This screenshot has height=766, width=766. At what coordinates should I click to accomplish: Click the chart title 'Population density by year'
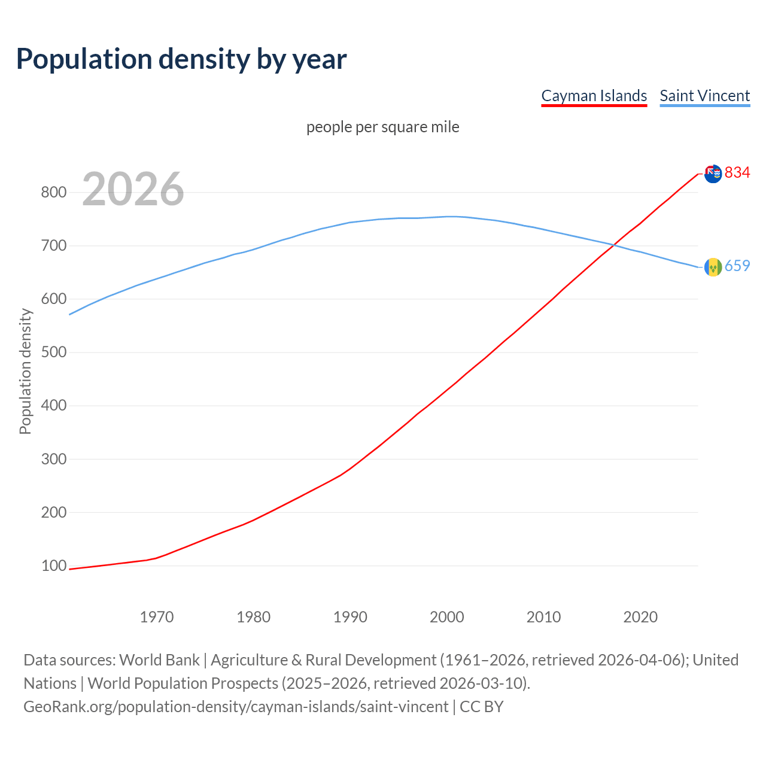(x=181, y=59)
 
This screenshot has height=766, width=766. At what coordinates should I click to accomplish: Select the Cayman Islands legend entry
(x=594, y=96)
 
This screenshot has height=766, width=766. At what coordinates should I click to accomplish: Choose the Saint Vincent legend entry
(x=704, y=96)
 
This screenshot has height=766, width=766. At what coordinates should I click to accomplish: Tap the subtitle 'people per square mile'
(x=382, y=127)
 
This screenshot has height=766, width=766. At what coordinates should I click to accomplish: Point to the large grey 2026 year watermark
(x=133, y=189)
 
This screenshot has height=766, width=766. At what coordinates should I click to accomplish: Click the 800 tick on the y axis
(x=53, y=192)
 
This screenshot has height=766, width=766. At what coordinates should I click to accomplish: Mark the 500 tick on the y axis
(x=53, y=352)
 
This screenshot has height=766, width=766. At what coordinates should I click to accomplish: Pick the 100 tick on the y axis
(x=53, y=566)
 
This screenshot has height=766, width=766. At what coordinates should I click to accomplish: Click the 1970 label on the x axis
(x=157, y=616)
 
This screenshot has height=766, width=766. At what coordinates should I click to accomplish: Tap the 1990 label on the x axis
(x=350, y=616)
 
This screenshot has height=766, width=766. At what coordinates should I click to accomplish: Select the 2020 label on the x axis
(x=640, y=616)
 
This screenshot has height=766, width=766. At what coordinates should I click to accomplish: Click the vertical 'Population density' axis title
(x=25, y=371)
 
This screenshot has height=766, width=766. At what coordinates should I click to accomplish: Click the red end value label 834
(x=737, y=172)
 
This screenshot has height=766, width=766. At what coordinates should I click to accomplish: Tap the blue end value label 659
(x=737, y=266)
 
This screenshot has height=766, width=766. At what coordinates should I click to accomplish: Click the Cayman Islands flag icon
(x=713, y=174)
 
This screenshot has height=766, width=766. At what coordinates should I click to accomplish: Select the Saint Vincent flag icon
(x=713, y=267)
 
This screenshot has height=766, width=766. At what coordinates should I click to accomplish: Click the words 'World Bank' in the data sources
(x=159, y=659)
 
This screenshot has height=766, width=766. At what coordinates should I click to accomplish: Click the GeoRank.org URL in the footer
(x=236, y=706)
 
